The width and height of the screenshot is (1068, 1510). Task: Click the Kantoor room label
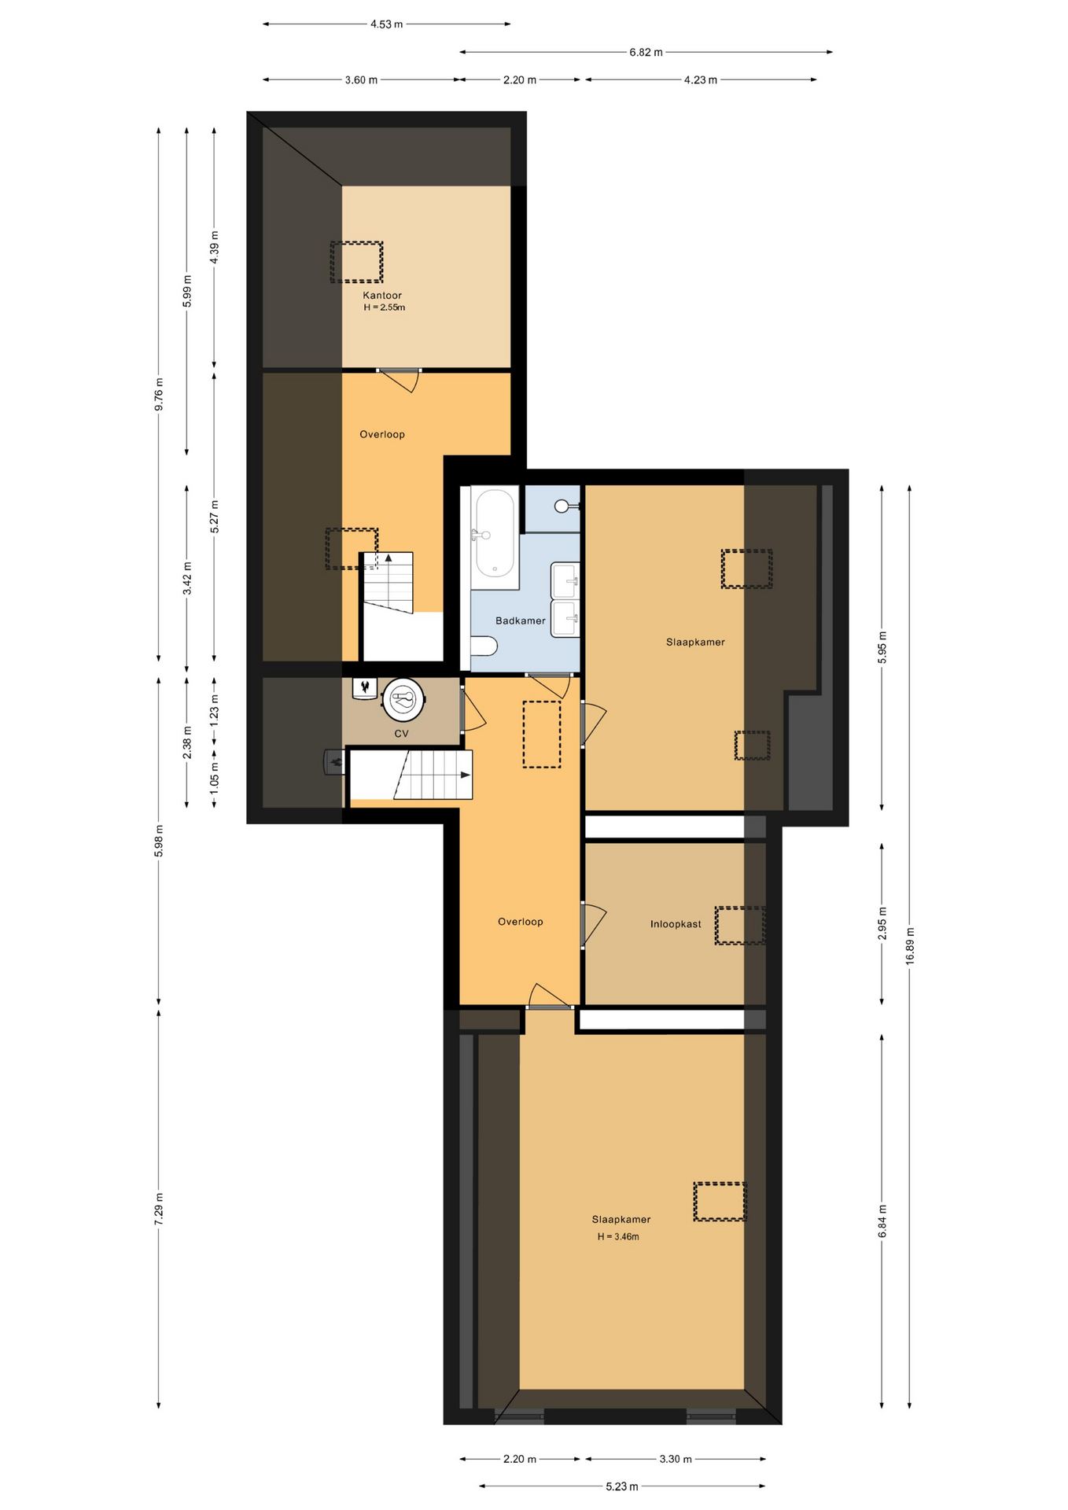(382, 296)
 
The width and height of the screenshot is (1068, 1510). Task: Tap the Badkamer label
(520, 621)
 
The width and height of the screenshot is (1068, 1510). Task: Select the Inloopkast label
(676, 924)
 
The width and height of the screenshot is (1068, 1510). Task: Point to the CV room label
(401, 734)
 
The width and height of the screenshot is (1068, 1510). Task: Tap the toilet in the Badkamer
(484, 646)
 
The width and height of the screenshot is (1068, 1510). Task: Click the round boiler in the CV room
(403, 699)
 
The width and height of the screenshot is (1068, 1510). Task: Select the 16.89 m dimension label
(910, 946)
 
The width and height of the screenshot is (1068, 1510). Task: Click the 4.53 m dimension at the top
(386, 24)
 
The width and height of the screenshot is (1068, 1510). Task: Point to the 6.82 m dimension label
(646, 52)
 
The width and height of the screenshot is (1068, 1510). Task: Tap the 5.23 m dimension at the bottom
(621, 1486)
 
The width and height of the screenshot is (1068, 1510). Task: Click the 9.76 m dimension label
(159, 394)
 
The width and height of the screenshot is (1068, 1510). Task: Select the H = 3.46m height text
(618, 1236)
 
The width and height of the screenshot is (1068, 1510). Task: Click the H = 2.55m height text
(384, 308)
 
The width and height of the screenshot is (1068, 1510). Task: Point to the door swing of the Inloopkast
(595, 925)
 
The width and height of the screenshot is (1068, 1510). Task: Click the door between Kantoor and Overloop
(399, 379)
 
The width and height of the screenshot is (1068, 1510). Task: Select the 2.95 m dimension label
(882, 923)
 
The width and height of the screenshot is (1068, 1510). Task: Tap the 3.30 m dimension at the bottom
(675, 1459)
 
